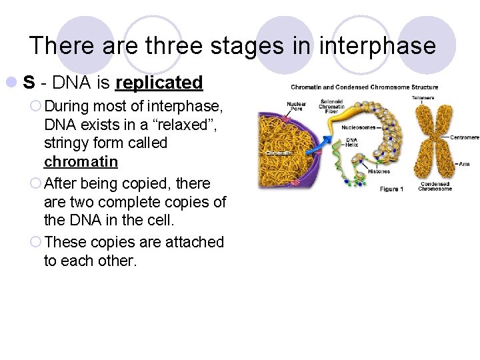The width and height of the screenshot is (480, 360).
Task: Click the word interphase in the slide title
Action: point(377,45)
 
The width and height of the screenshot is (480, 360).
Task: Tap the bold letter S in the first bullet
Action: point(29,83)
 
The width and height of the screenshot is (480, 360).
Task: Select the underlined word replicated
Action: point(159,83)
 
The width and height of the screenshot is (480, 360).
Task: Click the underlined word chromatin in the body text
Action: point(81,162)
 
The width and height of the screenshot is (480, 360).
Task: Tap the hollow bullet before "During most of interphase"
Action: point(36,105)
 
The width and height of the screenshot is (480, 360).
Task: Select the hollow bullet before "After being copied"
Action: point(36,183)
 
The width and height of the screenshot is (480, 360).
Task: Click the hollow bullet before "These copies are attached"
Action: point(36,242)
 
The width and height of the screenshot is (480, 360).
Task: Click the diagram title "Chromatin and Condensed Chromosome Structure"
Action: point(364,87)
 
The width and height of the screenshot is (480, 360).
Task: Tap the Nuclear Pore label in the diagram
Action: point(296,106)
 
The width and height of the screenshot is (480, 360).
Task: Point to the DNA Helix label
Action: point(351,143)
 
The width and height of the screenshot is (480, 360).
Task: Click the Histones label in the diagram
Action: point(379,172)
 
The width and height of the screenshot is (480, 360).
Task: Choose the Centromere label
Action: point(464,137)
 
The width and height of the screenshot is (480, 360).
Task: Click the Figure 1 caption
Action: point(391,189)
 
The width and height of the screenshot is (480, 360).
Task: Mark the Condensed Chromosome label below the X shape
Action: point(435,186)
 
